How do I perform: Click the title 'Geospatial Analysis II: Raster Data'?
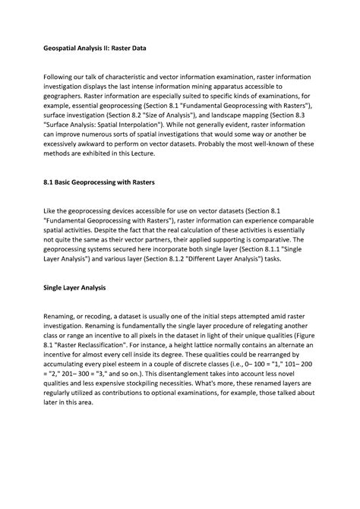coord(93,48)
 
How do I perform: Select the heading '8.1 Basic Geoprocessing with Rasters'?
coord(99,184)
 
